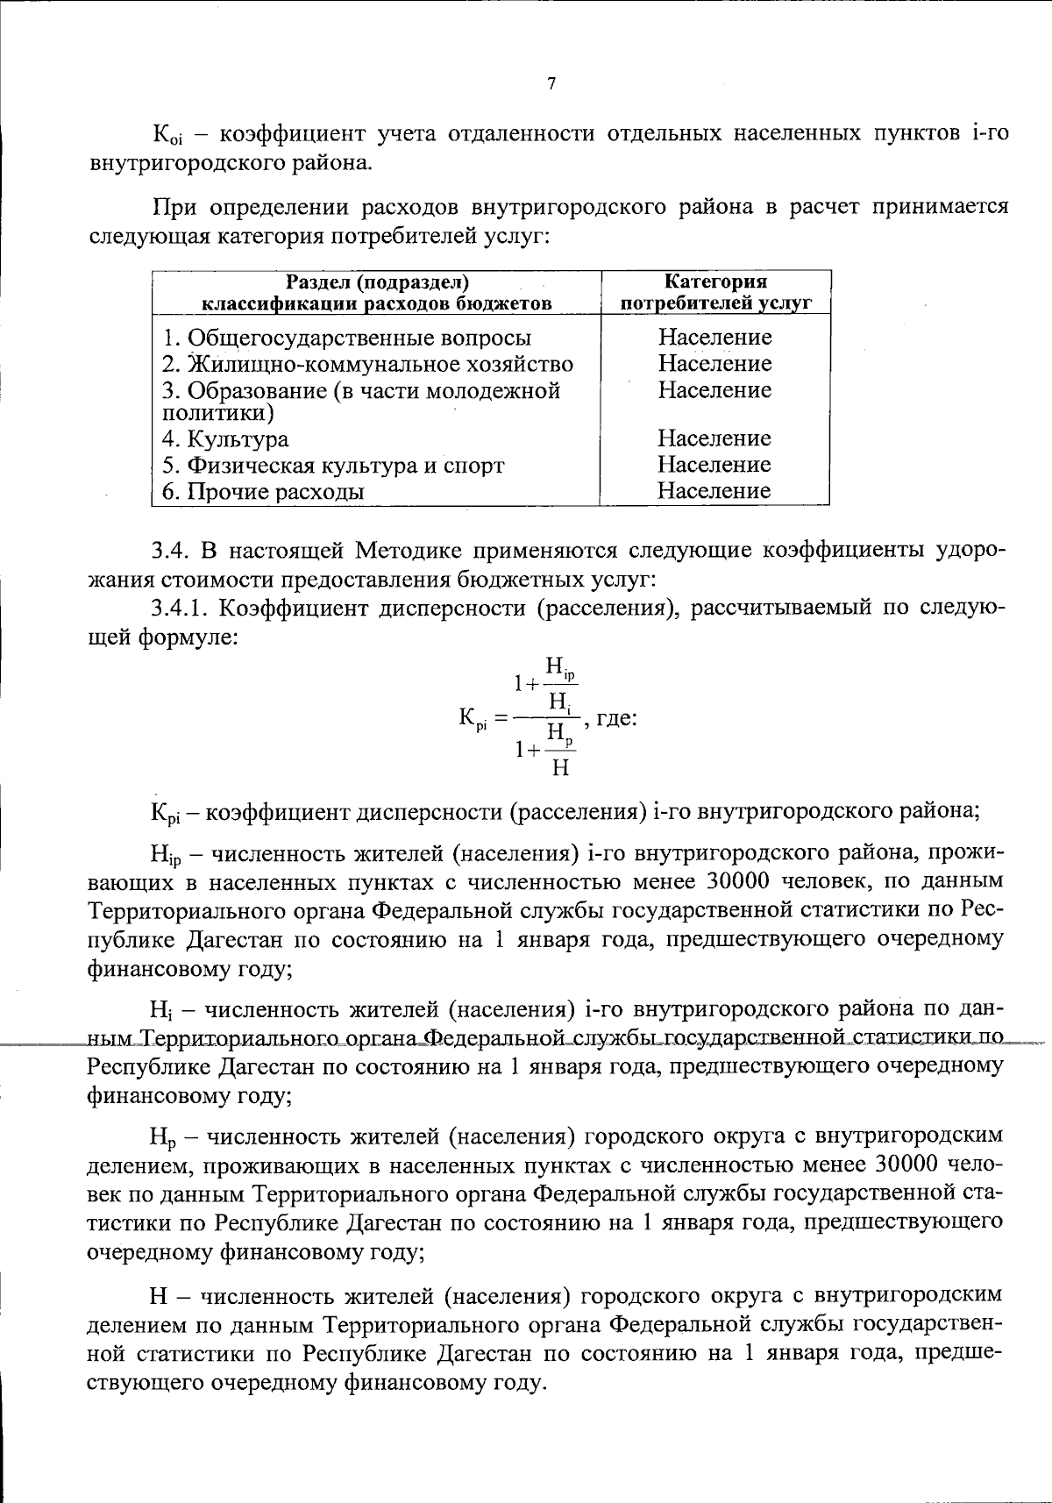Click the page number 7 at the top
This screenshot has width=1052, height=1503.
[551, 84]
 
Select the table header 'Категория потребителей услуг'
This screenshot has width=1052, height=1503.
[715, 293]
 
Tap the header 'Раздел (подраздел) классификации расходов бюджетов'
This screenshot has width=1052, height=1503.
[377, 293]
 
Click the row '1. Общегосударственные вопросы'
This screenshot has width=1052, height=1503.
[347, 338]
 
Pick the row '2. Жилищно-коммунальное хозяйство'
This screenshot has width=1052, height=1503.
[368, 364]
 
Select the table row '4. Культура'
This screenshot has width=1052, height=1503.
[225, 438]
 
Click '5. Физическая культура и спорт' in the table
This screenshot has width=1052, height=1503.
[333, 465]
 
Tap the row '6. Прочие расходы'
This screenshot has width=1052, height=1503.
[263, 491]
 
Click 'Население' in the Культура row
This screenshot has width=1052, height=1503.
[714, 438]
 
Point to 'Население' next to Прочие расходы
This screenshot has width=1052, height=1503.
[714, 491]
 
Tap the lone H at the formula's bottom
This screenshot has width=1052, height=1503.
[561, 769]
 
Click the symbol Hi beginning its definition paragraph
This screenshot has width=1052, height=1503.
[162, 1010]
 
